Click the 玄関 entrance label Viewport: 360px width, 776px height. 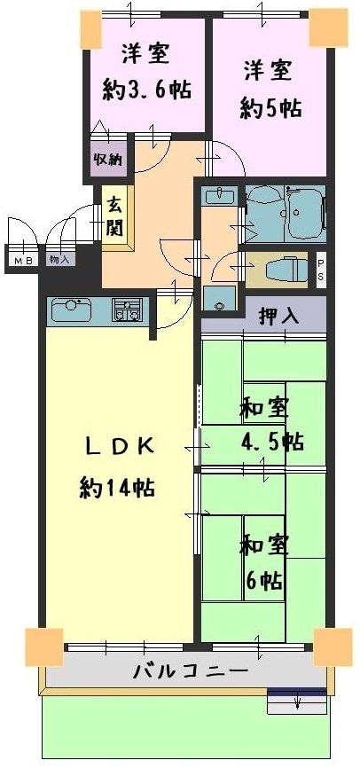point(114,216)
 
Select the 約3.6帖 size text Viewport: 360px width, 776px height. point(147,90)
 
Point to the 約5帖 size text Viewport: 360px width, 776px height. point(271,108)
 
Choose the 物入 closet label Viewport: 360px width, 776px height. point(59,259)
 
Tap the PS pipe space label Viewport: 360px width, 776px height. point(321,270)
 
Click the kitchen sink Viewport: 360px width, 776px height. point(72,310)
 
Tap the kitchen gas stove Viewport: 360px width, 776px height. point(127,310)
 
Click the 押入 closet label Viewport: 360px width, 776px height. point(279,317)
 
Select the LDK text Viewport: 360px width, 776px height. point(118,446)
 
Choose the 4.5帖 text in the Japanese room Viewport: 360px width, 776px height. point(272,441)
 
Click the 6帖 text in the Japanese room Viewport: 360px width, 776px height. point(264,579)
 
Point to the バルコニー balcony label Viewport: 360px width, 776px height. point(191,671)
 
